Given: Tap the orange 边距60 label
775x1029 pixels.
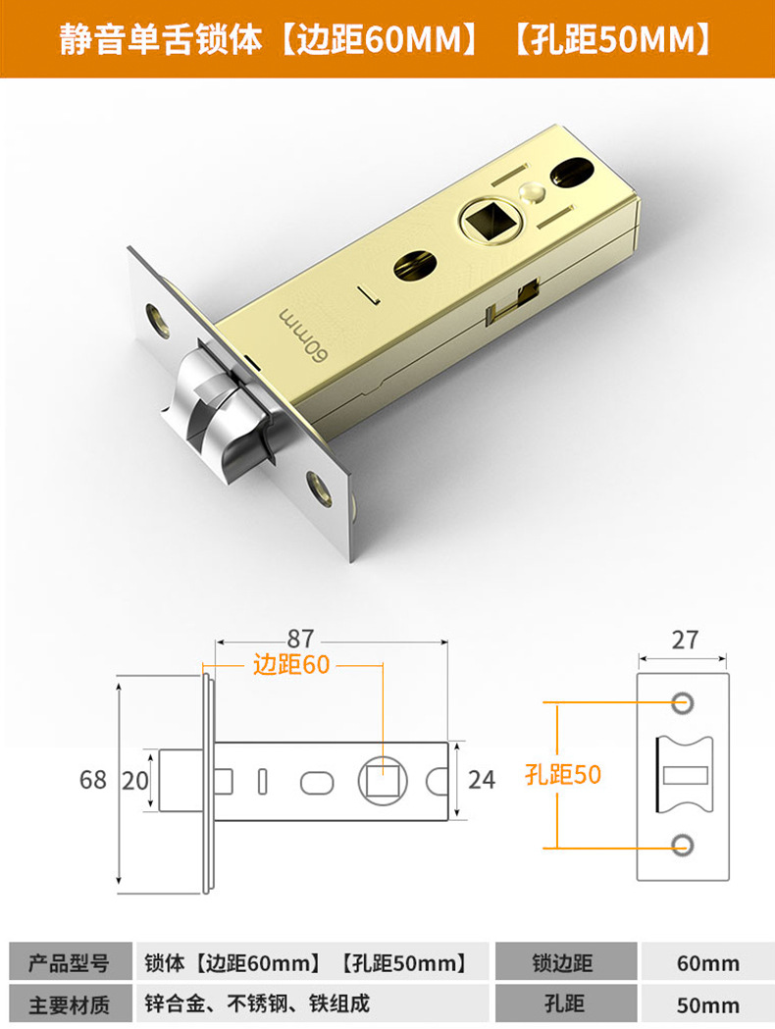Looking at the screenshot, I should tap(291, 665).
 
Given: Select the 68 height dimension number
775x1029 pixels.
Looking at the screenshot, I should tap(93, 780).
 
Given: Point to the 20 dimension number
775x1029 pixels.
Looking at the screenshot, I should tap(134, 780).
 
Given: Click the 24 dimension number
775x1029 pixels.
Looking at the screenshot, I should tap(482, 780).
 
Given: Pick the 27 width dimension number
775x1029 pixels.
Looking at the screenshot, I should tap(685, 640).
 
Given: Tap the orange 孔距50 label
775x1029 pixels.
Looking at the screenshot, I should tap(562, 774).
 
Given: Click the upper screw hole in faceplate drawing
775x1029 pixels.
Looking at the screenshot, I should tap(682, 702).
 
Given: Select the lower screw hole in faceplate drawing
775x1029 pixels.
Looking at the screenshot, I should tap(682, 846).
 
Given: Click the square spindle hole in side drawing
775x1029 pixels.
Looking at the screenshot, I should tap(381, 780).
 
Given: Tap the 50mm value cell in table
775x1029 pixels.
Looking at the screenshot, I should tap(707, 1003).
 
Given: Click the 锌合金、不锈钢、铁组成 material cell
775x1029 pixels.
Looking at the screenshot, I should tap(257, 1003).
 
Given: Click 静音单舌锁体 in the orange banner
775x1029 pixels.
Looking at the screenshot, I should tap(162, 39).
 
